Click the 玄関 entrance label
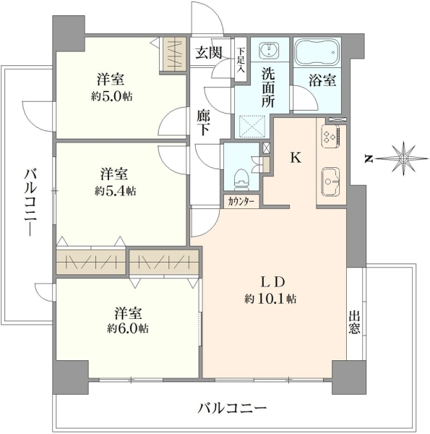[209, 52]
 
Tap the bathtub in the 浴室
[317, 52]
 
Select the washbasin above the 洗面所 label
[270, 50]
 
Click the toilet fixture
[242, 179]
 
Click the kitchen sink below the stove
[331, 182]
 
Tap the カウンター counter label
[241, 202]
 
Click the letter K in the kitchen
[296, 158]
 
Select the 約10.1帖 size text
[270, 299]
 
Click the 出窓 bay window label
[354, 322]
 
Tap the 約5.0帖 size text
[111, 97]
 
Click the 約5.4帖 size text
[115, 191]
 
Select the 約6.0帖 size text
[128, 328]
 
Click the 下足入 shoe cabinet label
[241, 60]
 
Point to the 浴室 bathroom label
[322, 80]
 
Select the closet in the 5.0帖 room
[173, 54]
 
